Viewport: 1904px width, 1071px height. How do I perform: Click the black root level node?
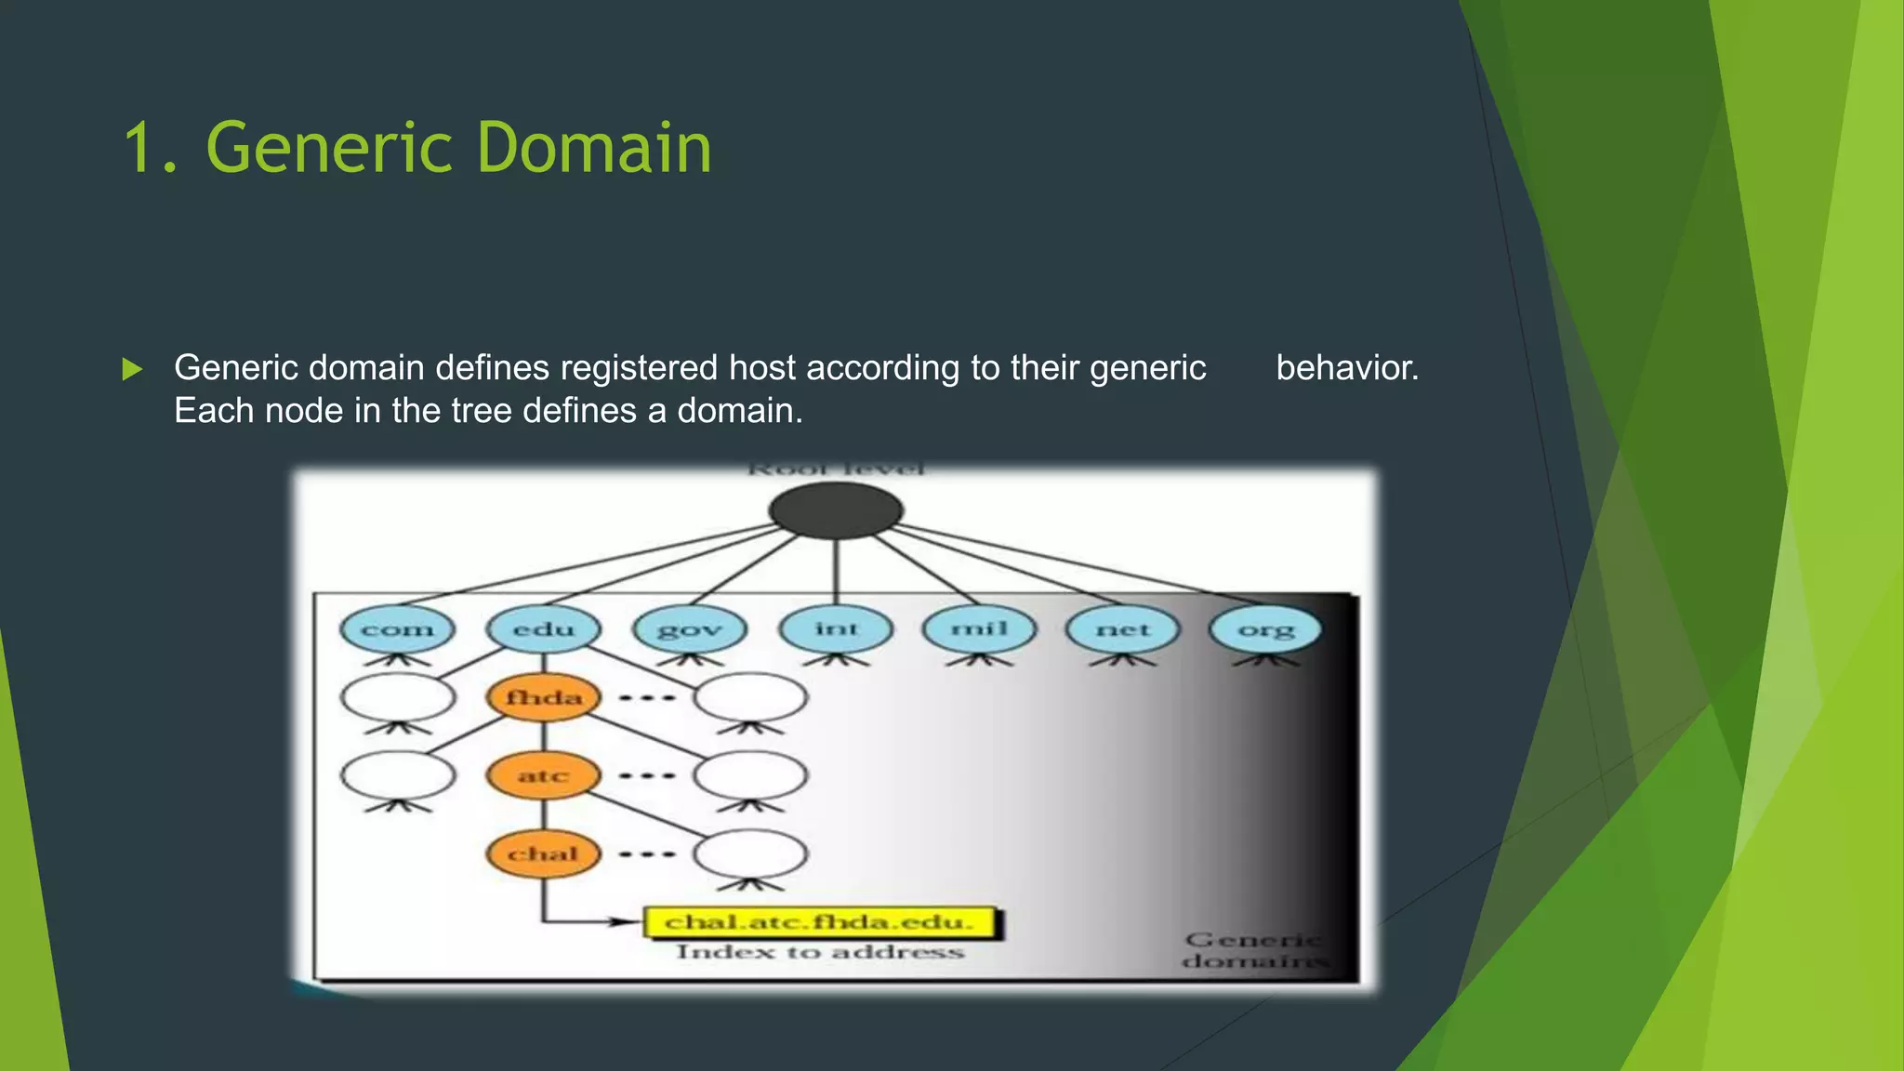[x=835, y=510]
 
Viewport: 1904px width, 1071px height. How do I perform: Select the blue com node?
[x=397, y=629]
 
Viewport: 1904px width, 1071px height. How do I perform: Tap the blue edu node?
[x=544, y=629]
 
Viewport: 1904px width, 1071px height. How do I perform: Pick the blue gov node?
[x=690, y=629]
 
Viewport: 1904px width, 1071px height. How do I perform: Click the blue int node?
[x=836, y=628]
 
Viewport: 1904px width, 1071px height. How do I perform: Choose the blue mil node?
[x=979, y=628]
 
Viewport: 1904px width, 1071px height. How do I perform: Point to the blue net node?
[x=1123, y=629]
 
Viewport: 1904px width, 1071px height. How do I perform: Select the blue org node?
[x=1265, y=629]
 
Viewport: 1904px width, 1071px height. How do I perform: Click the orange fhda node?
[x=544, y=697]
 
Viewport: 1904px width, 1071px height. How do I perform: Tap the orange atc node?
[x=544, y=775]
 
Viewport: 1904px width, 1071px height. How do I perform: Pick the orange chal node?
[x=544, y=853]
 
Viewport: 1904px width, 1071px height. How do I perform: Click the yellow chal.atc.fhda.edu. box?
[x=819, y=922]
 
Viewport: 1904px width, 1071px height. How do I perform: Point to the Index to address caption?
[x=819, y=952]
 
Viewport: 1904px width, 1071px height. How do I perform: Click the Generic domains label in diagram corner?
[x=1253, y=950]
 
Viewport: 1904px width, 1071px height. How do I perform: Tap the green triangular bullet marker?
[x=132, y=369]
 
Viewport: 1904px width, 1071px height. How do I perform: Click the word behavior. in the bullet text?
[x=1347, y=368]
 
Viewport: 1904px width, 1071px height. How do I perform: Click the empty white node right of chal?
[x=750, y=853]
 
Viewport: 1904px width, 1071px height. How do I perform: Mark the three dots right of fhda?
[x=647, y=697]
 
